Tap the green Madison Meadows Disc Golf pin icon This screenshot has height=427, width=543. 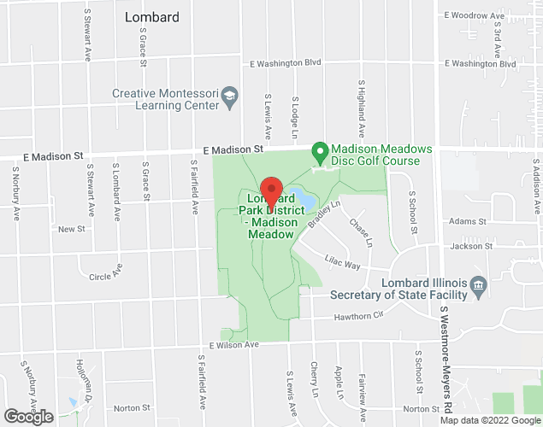point(320,154)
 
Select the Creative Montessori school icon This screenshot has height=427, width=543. point(229,100)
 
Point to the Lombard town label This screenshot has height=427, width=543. point(152,17)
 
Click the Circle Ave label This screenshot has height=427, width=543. point(106,277)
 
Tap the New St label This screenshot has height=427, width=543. point(72,229)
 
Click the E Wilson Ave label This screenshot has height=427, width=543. point(233,345)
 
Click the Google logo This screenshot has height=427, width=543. point(27,417)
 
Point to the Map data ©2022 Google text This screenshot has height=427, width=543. point(490,420)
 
